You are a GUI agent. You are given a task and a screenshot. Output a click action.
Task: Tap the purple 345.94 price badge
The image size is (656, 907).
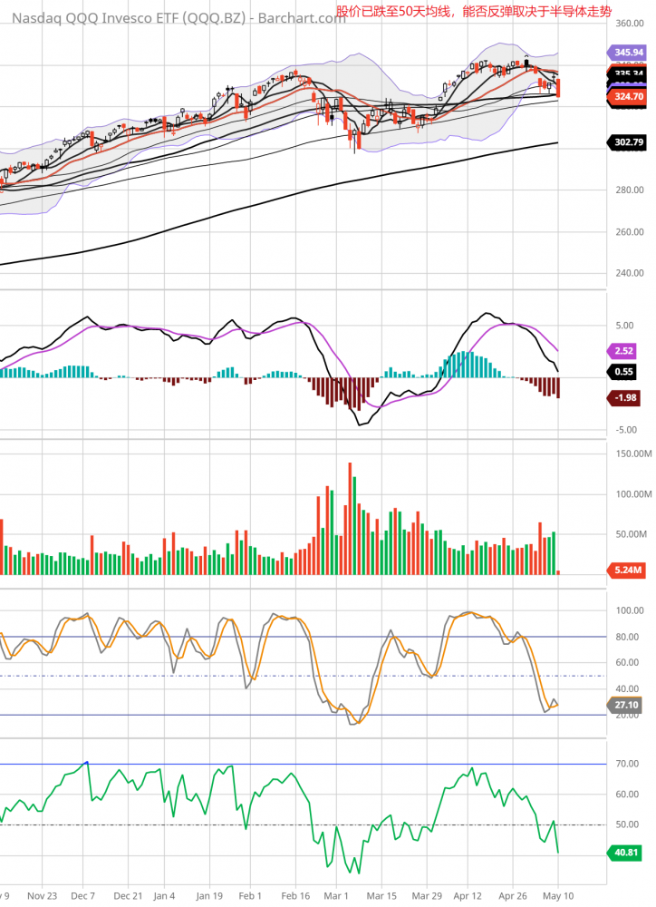[x=625, y=54]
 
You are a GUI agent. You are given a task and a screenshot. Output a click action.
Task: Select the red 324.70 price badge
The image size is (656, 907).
[x=625, y=95]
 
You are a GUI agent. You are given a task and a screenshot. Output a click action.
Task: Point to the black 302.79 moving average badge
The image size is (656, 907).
[x=625, y=142]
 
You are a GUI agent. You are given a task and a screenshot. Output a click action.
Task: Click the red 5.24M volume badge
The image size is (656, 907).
[x=624, y=570]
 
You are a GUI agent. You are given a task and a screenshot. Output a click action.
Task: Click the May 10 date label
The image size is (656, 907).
[x=557, y=893]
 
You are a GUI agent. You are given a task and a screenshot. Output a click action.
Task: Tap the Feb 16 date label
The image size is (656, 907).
[x=295, y=893]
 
